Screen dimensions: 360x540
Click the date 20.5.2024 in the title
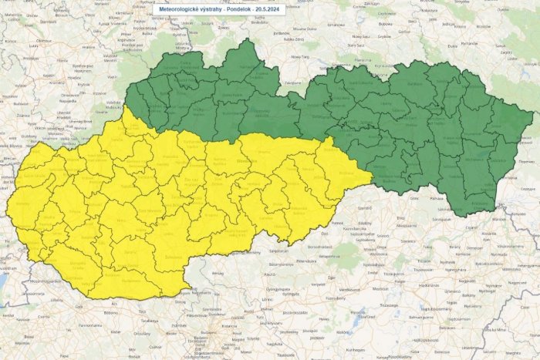pyautogui.click(x=267, y=8)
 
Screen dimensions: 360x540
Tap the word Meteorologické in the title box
pyautogui.click(x=180, y=8)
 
